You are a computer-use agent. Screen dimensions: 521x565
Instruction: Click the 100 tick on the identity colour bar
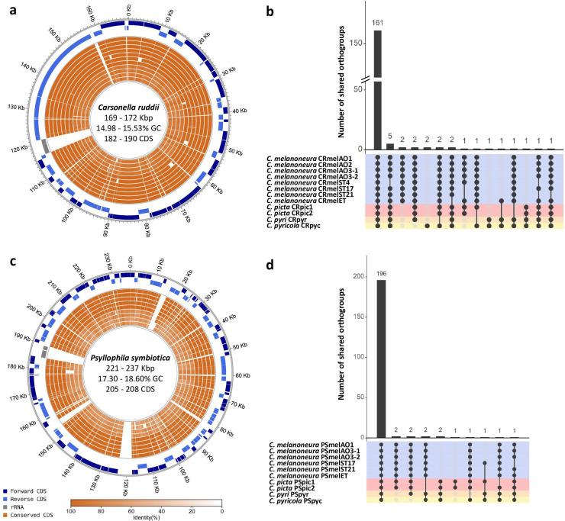click(75, 512)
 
